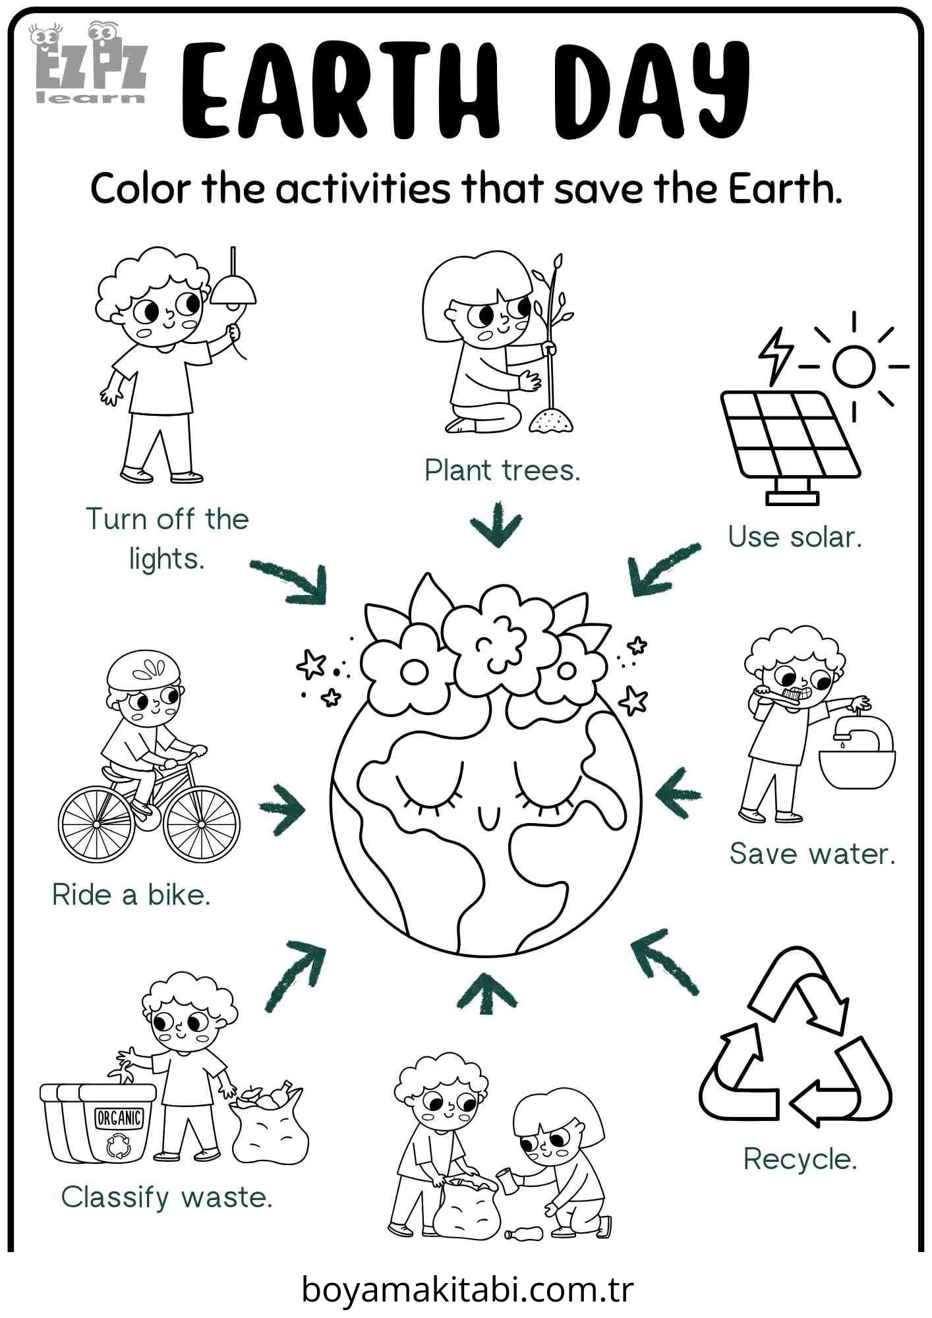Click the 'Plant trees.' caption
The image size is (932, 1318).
click(502, 471)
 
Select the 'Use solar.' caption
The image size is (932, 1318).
click(795, 537)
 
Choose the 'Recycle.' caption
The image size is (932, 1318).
click(800, 1159)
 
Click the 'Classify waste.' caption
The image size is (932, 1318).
click(167, 1197)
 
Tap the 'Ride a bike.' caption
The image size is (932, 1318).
click(131, 895)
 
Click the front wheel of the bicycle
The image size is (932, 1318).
click(201, 824)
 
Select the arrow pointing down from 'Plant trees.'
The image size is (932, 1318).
click(496, 524)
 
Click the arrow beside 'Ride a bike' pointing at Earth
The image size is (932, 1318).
click(283, 808)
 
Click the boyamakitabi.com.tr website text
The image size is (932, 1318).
click(467, 1289)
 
